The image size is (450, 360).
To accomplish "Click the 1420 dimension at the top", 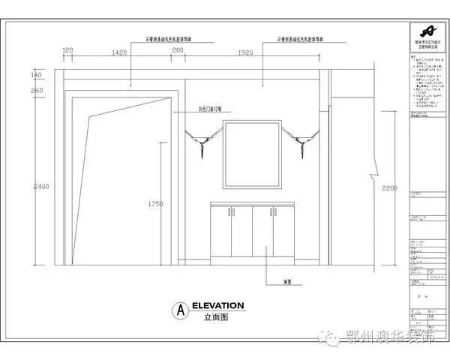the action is coord(119,53).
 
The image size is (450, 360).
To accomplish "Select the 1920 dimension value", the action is coord(247,53).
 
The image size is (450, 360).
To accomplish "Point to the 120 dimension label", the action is coord(67,51).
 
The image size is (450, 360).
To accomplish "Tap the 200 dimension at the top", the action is coord(178,51).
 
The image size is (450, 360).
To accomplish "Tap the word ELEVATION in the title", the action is coord(217,306).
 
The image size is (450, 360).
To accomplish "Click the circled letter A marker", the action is coord(179,310).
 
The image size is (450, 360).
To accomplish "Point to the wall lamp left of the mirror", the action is coord(201,140).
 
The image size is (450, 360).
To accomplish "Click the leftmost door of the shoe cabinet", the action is coord(221,235).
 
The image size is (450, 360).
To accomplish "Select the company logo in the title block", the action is coord(427,31).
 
